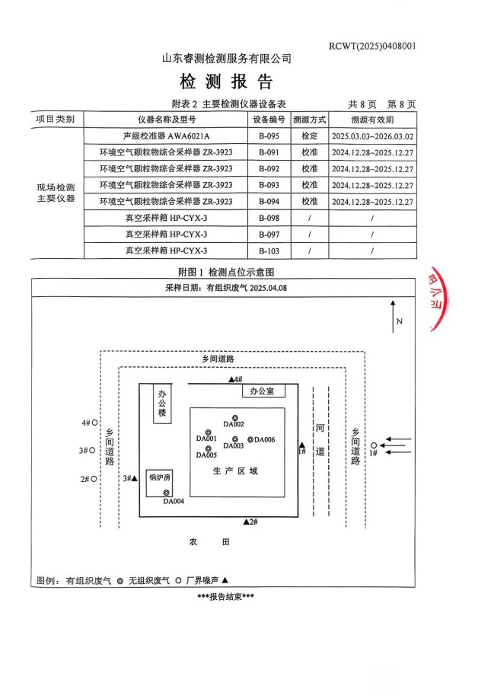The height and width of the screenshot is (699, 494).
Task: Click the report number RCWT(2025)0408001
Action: click(x=372, y=46)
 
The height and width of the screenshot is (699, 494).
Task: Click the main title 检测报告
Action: click(x=226, y=81)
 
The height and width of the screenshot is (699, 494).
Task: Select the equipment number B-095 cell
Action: click(x=269, y=136)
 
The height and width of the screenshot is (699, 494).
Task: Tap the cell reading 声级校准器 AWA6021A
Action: click(x=166, y=136)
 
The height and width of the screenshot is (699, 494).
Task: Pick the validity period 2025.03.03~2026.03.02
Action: click(x=373, y=136)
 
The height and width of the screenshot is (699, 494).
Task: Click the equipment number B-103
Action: click(x=269, y=251)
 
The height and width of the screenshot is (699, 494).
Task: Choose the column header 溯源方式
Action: click(x=309, y=120)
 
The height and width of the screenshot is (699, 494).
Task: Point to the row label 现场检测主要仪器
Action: click(x=56, y=193)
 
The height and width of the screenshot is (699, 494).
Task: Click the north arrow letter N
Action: click(x=399, y=321)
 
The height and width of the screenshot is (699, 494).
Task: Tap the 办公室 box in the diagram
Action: click(x=263, y=391)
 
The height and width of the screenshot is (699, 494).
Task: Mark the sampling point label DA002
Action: click(x=234, y=423)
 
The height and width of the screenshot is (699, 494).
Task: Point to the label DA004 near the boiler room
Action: click(x=174, y=502)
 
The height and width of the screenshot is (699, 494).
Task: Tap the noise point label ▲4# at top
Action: click(x=235, y=378)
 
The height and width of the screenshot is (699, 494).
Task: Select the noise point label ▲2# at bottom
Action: click(x=251, y=521)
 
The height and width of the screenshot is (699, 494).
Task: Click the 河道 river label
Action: click(x=320, y=440)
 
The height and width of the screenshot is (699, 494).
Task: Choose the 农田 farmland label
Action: click(x=209, y=542)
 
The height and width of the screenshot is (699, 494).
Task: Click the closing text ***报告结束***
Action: click(x=225, y=595)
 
